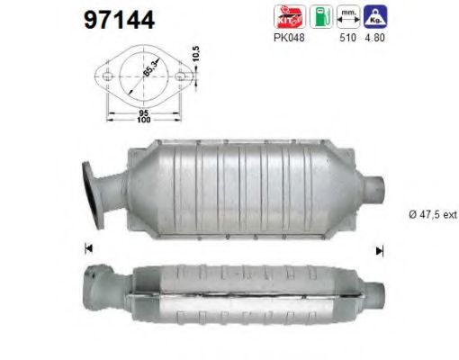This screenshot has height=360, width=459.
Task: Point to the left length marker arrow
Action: point(87,248)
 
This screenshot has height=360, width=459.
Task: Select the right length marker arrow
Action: point(379,250)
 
